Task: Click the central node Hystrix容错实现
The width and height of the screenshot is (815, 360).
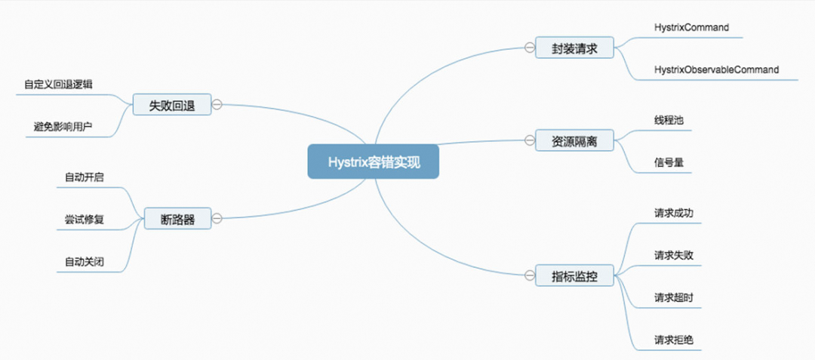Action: tap(373, 162)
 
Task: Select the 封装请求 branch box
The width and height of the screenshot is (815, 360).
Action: tap(574, 48)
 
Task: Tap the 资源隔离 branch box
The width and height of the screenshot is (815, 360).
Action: tap(574, 140)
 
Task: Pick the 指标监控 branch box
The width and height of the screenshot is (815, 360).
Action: tap(574, 275)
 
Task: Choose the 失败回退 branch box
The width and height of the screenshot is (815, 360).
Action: tap(171, 105)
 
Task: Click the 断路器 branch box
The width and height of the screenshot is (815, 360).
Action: tap(177, 219)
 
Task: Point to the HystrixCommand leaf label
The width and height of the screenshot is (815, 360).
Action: tap(691, 28)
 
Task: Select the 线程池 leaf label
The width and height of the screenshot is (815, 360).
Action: tap(669, 120)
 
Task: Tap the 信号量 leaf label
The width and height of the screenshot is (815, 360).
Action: tap(669, 162)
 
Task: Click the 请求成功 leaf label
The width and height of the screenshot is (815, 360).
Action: tap(674, 214)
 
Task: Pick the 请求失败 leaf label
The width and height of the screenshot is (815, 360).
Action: tap(674, 255)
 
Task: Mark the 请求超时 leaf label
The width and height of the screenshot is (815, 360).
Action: tap(674, 297)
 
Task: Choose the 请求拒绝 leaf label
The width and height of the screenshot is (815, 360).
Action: tap(674, 340)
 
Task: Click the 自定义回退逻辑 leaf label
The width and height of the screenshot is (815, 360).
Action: tap(58, 85)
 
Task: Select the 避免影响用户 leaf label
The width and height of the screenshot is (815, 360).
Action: tap(58, 126)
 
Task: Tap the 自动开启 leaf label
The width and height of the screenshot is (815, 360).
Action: tap(84, 178)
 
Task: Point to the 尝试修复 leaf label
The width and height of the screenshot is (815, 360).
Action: tap(84, 220)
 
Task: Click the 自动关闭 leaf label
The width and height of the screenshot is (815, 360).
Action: tap(84, 262)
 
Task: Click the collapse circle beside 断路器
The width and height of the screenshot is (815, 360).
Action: tap(217, 219)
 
